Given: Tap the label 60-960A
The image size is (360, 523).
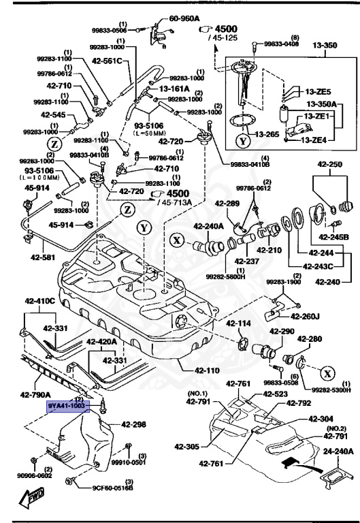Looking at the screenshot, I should pos(184,18).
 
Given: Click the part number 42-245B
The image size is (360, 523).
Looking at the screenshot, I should pos(335,237).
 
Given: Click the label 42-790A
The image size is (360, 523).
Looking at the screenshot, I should pos(36,394).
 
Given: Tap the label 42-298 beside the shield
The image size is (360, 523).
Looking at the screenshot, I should pos(134,424).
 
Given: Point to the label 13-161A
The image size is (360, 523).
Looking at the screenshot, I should pos(174,89).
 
